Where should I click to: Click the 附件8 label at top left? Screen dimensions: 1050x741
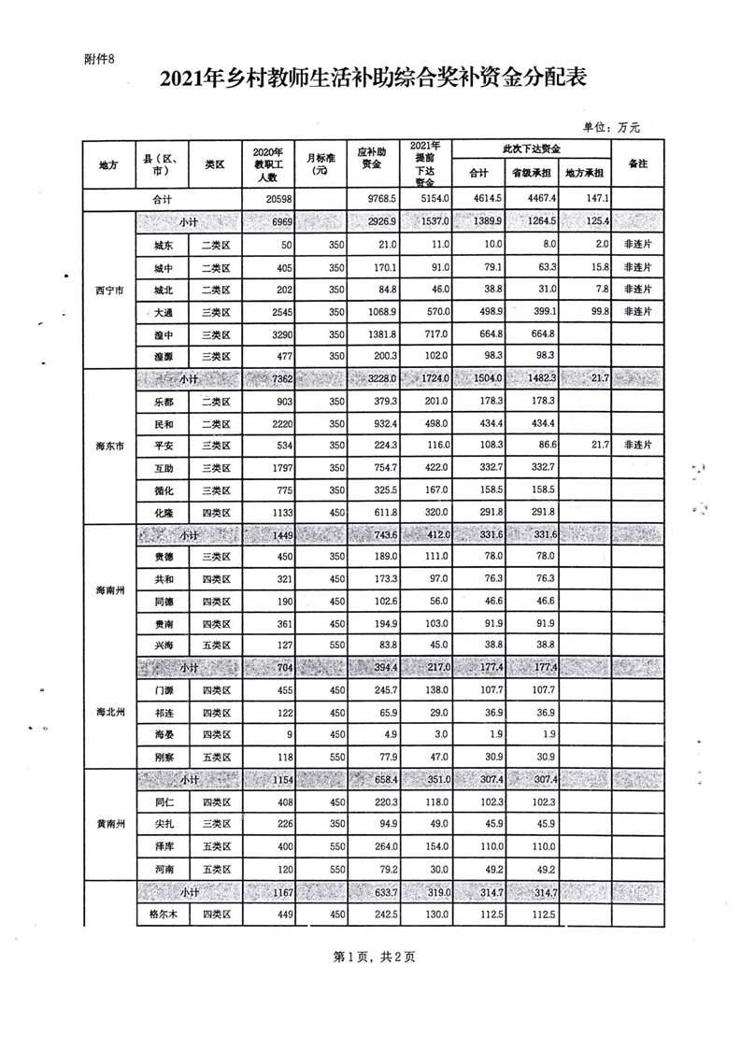point(98,59)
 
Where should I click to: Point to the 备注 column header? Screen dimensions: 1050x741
point(638,163)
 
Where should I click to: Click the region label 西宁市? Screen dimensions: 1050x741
point(108,290)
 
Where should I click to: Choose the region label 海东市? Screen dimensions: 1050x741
point(108,445)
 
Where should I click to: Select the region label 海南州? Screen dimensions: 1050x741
point(108,589)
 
